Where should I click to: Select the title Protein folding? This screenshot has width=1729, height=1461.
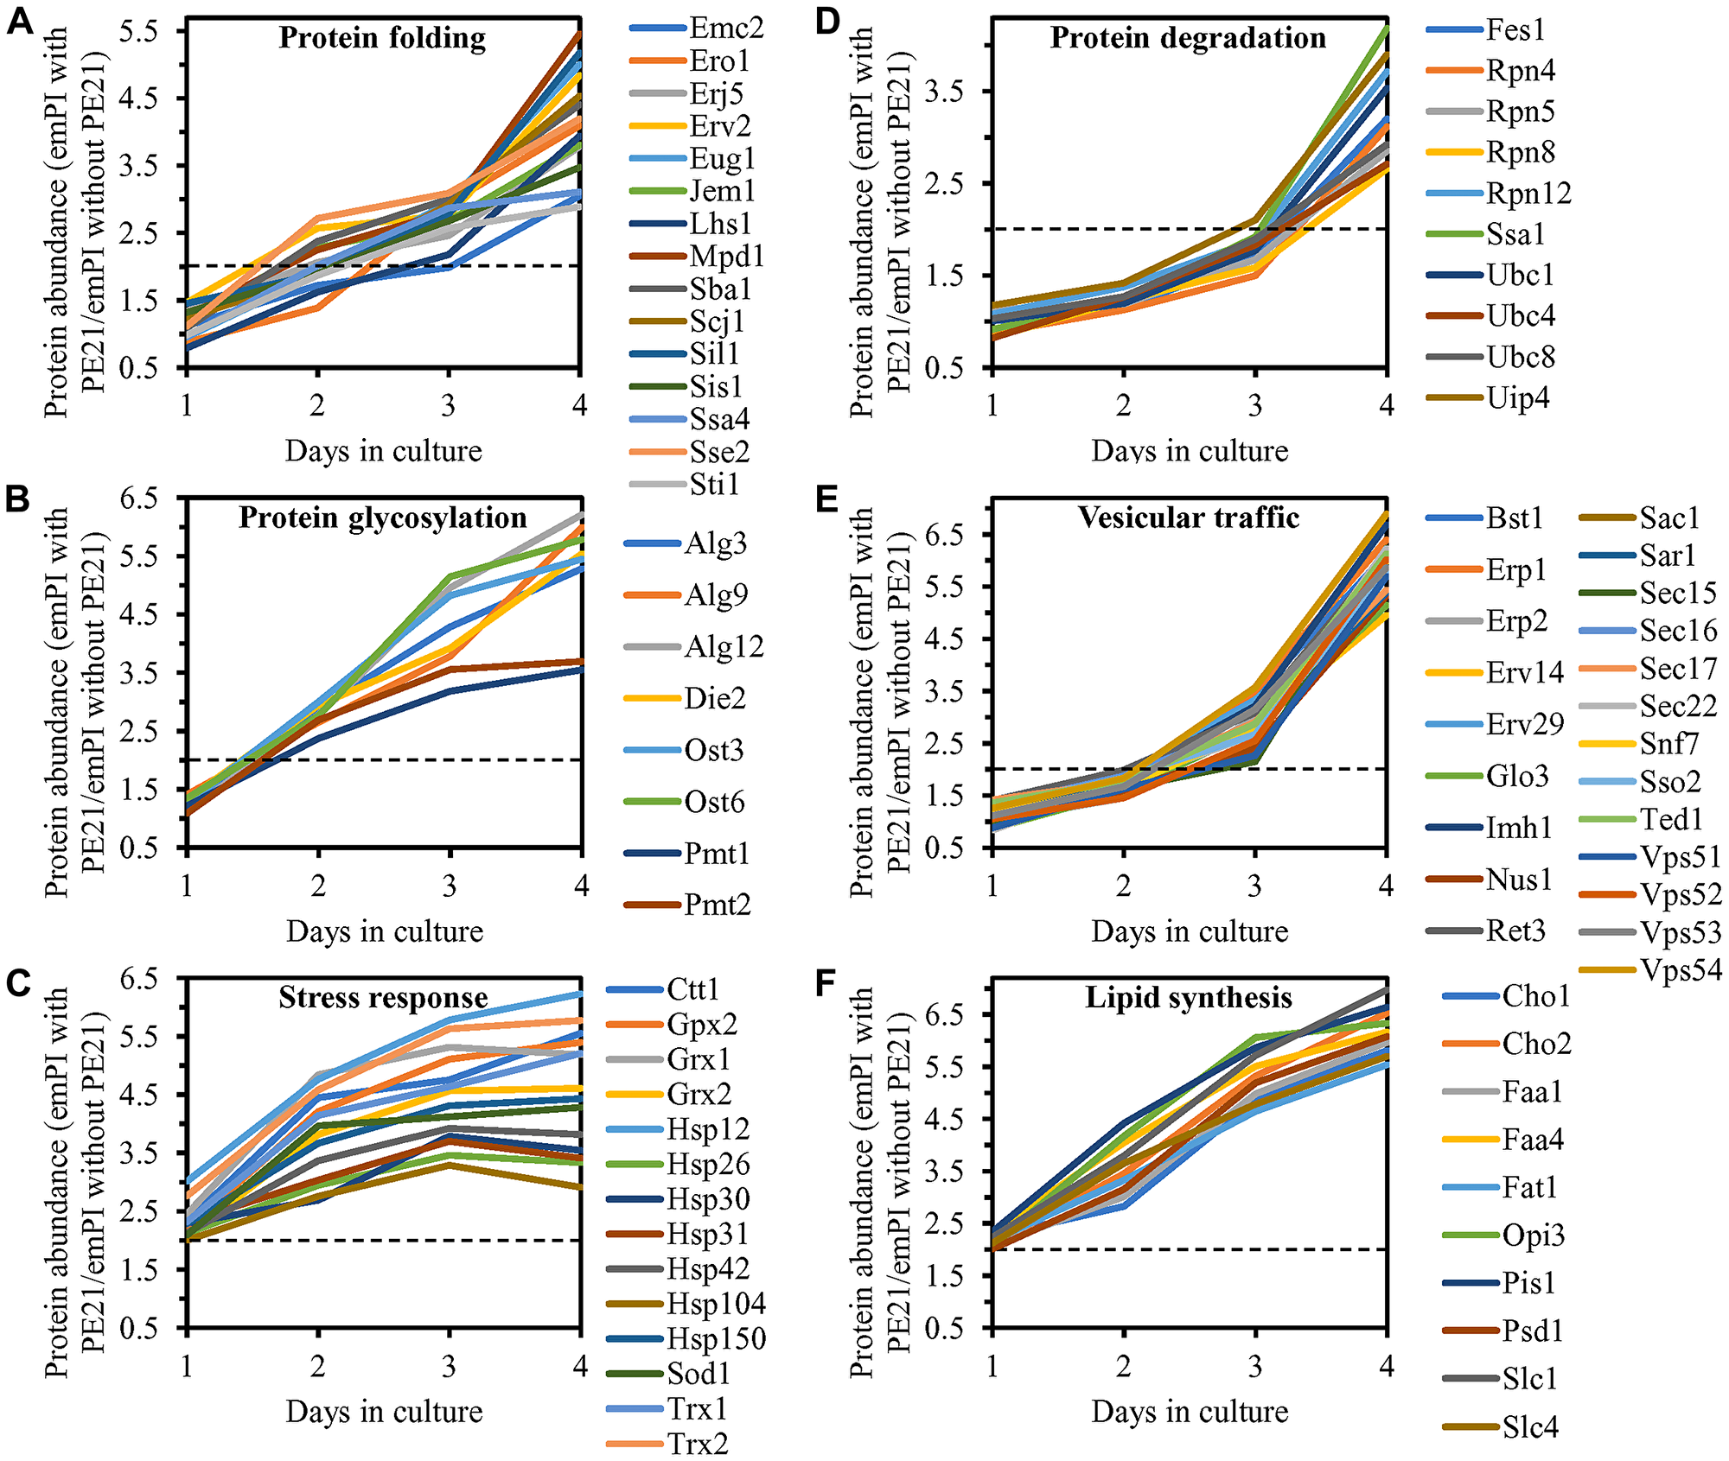(x=382, y=38)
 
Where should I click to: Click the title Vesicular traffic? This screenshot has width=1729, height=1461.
(x=1188, y=518)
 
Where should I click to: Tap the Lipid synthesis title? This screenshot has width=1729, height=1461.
(x=1188, y=998)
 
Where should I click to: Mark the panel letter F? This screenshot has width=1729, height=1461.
(x=826, y=983)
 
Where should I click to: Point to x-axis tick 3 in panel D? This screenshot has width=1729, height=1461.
(x=1254, y=404)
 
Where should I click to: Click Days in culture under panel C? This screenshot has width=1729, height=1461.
(x=384, y=1411)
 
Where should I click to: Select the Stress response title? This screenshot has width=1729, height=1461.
(x=383, y=998)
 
